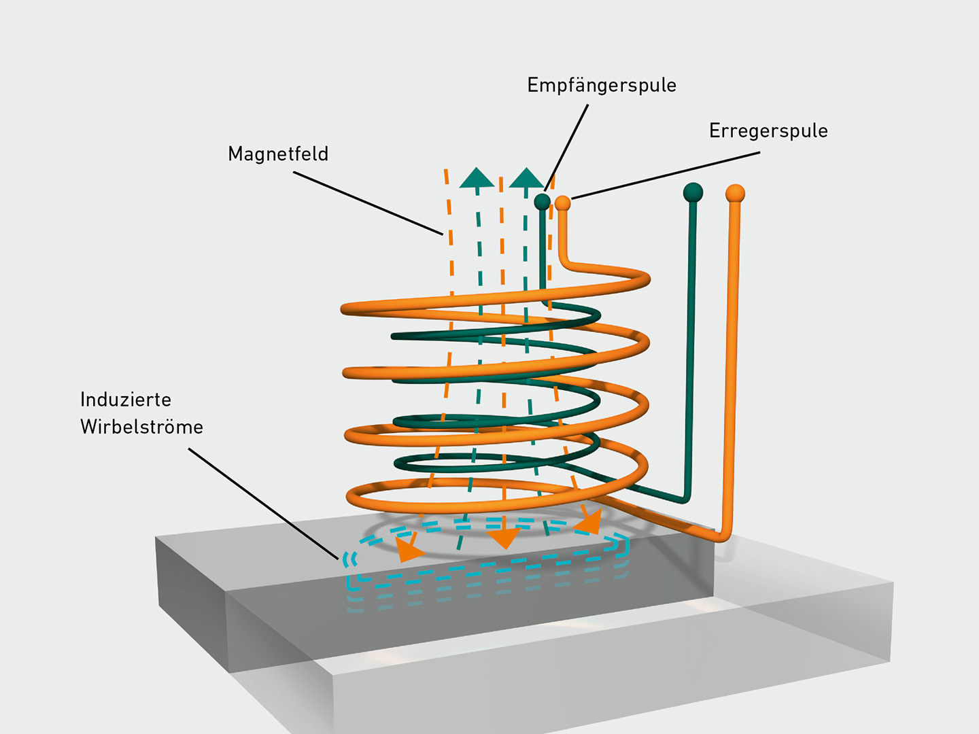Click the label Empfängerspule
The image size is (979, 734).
[602, 86]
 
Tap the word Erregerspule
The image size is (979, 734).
[768, 130]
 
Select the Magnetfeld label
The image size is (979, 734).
[278, 154]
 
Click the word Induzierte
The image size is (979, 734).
[126, 400]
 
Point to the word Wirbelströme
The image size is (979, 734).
[141, 427]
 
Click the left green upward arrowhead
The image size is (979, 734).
[477, 178]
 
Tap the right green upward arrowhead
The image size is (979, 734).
[526, 178]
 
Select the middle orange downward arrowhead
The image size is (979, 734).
[504, 538]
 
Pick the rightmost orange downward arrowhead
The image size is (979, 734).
[589, 522]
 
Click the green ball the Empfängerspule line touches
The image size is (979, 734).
[542, 201]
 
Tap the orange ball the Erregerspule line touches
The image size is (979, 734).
[562, 203]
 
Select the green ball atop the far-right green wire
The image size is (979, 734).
[693, 192]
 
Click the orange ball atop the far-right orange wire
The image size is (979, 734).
[735, 194]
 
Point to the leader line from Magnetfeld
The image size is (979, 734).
[368, 203]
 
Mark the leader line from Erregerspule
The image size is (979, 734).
[666, 175]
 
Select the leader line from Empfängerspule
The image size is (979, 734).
[567, 147]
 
